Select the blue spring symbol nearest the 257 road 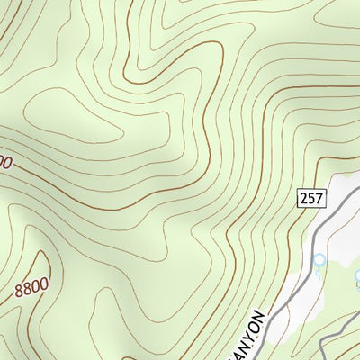click(x=318, y=263)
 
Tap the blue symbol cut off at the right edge click(x=356, y=284)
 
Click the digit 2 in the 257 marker click(x=302, y=196)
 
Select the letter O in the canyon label click(x=256, y=325)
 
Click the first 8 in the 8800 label click(x=19, y=294)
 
